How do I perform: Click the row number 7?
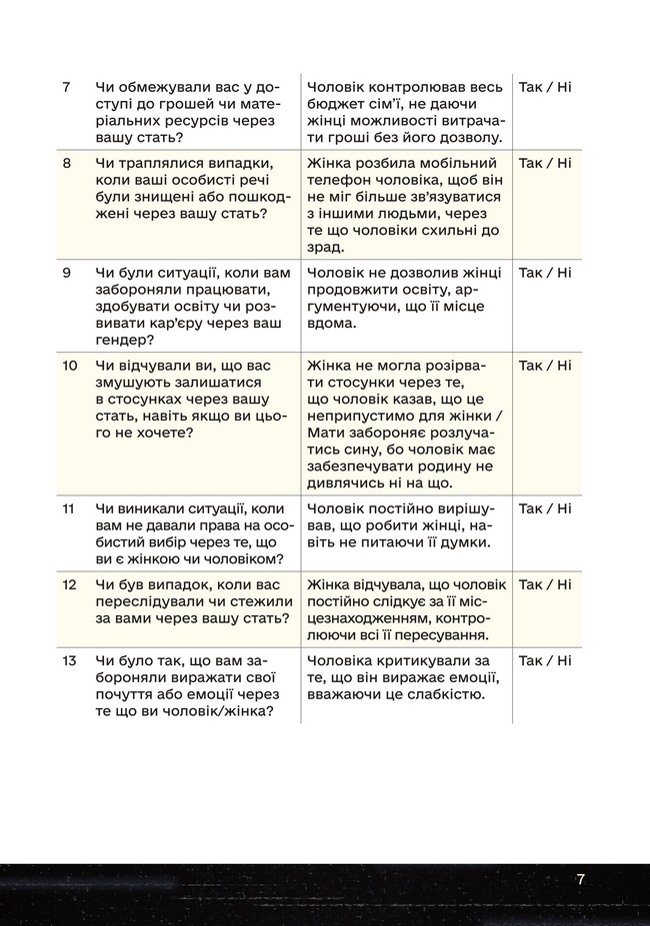[66, 87]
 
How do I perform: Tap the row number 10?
[69, 366]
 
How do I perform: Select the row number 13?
[69, 661]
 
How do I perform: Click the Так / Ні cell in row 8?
[545, 164]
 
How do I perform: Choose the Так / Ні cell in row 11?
[545, 509]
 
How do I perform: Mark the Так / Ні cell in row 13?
[545, 661]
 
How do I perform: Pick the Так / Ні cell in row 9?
[545, 273]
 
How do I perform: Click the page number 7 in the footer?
[580, 879]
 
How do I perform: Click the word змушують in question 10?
[135, 383]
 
